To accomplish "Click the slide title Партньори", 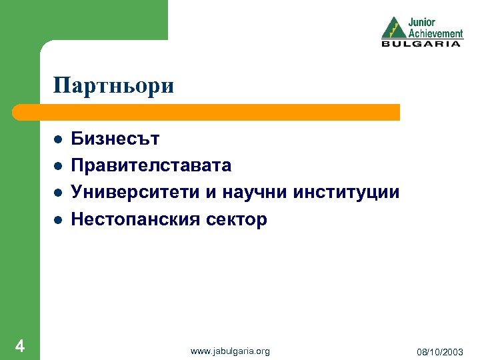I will tap(113, 86).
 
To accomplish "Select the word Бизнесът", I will tap(115, 139).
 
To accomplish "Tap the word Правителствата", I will tap(151, 165).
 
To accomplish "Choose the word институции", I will tap(347, 193).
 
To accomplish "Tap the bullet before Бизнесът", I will tap(58, 139).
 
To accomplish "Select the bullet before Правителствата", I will tap(58, 166).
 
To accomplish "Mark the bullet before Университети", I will tap(58, 193).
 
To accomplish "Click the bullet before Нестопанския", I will tap(58, 219).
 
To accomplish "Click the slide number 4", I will tap(19, 346).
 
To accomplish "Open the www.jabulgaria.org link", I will tap(230, 351).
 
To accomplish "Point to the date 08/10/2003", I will tap(441, 351).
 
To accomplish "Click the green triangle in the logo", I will tap(393, 29).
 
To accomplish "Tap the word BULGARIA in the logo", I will tap(421, 44).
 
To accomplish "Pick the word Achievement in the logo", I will tap(435, 33).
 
